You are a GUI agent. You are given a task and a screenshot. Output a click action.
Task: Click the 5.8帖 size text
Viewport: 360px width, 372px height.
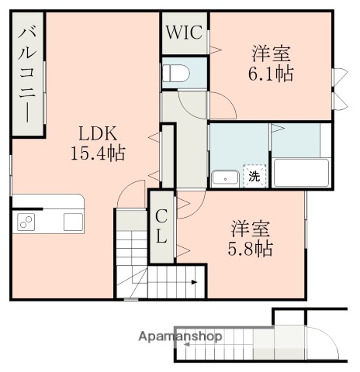pyautogui.click(x=251, y=250)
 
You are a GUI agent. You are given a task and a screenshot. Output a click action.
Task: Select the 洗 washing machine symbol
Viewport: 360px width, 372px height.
pyautogui.click(x=254, y=177)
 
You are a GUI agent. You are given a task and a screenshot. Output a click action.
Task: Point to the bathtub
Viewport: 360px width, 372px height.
pyautogui.click(x=302, y=171)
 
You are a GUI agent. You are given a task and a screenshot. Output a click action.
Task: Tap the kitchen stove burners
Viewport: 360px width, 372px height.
pyautogui.click(x=26, y=222)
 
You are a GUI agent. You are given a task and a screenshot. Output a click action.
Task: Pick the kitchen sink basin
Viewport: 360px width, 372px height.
pyautogui.click(x=73, y=222)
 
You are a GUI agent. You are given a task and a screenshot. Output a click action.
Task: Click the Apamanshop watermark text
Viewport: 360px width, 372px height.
pyautogui.click(x=180, y=336)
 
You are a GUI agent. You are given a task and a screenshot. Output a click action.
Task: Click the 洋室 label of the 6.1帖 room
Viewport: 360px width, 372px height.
pyautogui.click(x=271, y=54)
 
